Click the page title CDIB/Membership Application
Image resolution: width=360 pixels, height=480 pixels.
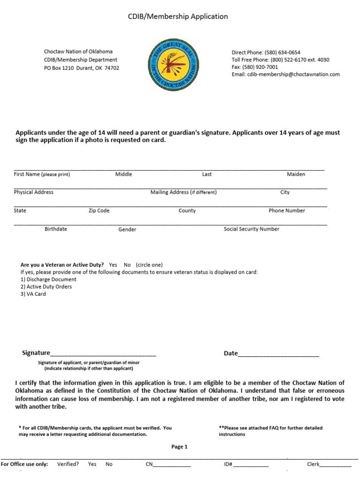click(178, 16)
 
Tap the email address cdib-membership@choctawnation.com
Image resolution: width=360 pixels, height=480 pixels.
click(293, 74)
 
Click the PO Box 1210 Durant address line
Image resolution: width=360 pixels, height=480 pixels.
click(82, 68)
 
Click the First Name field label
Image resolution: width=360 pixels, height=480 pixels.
click(42, 174)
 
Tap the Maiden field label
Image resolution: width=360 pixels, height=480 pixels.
click(296, 174)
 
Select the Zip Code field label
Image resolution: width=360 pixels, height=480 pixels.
click(99, 211)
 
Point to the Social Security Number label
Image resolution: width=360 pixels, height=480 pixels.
click(251, 229)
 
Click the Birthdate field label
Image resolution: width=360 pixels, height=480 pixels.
click(56, 229)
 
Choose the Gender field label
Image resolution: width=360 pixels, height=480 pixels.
click(127, 230)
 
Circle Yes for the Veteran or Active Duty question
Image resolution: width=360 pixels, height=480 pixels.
click(113, 265)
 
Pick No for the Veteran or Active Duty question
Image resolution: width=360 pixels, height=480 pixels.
click(127, 265)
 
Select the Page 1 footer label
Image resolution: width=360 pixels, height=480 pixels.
click(180, 447)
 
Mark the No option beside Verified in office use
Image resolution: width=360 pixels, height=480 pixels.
click(109, 465)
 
